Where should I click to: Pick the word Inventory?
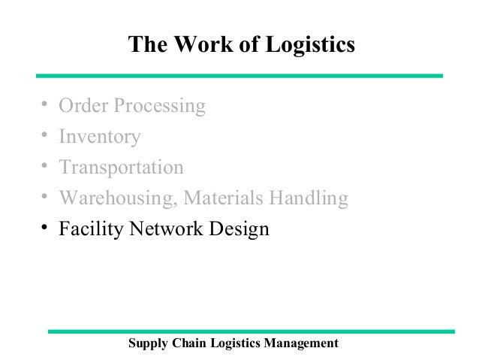100,137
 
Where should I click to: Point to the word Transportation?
121,167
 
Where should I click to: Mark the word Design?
238,228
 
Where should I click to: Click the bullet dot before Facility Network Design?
45,226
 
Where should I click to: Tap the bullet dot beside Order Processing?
45,104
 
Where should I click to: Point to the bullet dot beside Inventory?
45,135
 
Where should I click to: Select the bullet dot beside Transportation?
45,165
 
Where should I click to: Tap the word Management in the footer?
300,343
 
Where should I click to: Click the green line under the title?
239,75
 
